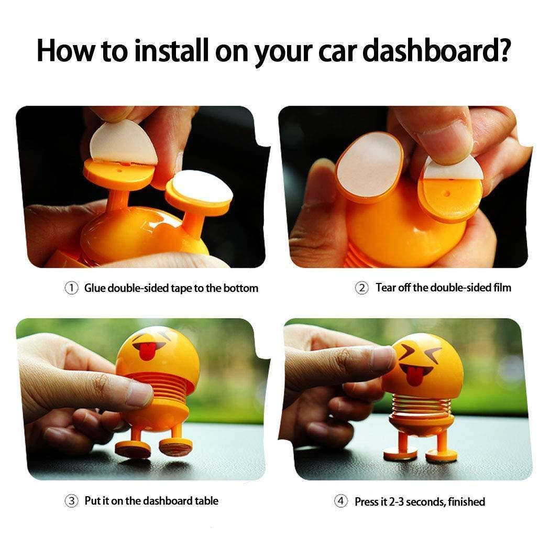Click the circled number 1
pyautogui.click(x=71, y=288)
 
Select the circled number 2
pyautogui.click(x=362, y=288)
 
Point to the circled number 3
pyautogui.click(x=71, y=501)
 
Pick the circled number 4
pyautogui.click(x=341, y=501)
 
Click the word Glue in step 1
pyautogui.click(x=95, y=288)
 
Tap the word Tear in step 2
pyautogui.click(x=386, y=288)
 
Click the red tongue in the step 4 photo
pyautogui.click(x=414, y=376)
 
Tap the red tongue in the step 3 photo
pyautogui.click(x=147, y=352)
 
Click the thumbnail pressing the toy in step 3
pyautogui.click(x=139, y=395)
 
